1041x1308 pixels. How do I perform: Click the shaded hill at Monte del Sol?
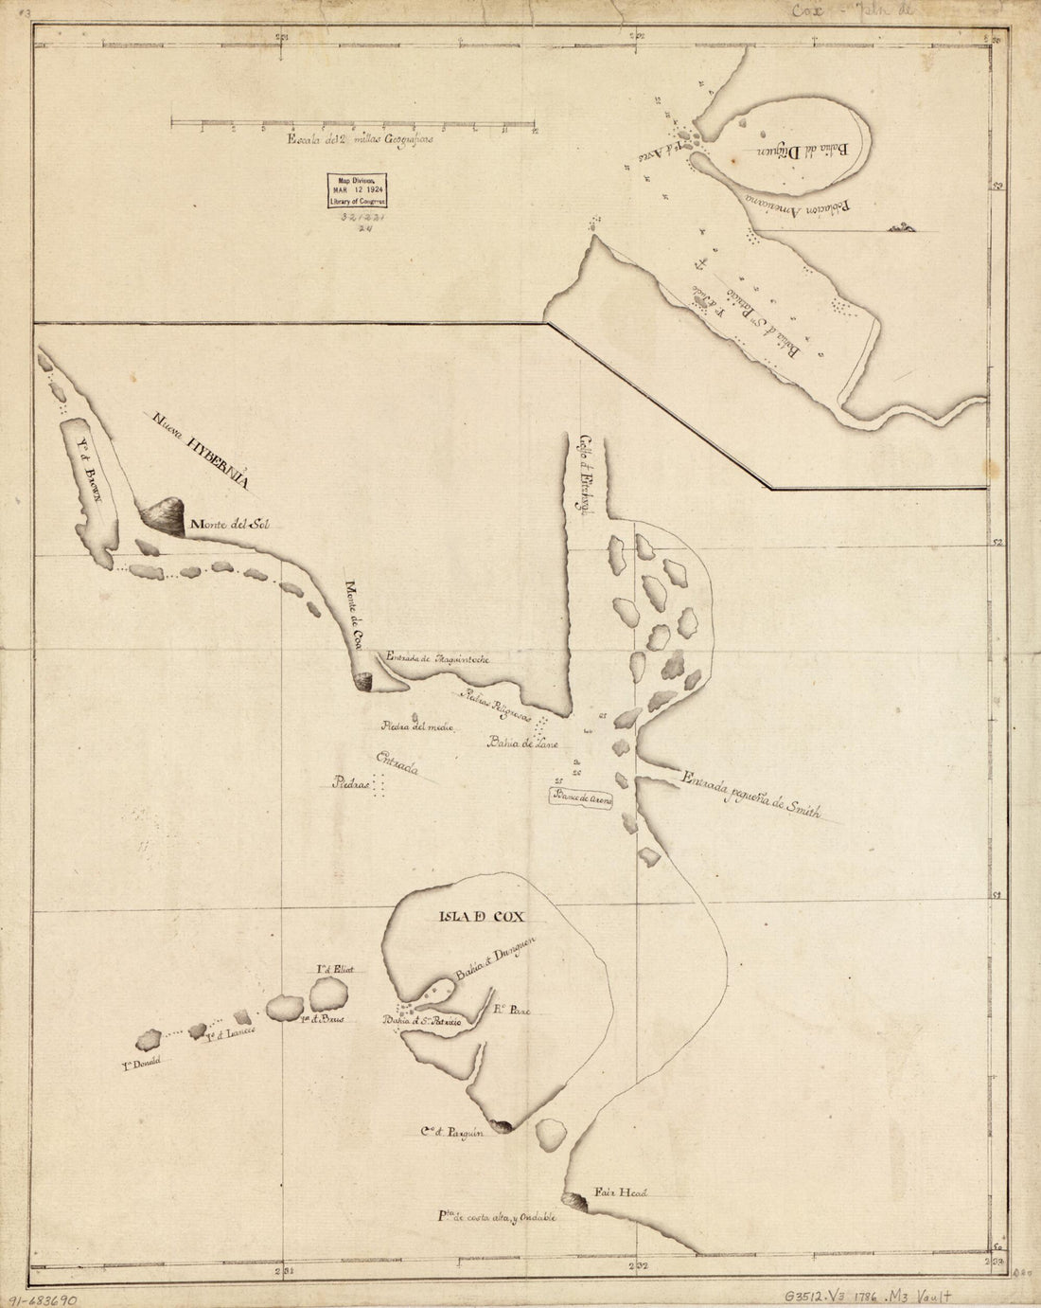click(164, 516)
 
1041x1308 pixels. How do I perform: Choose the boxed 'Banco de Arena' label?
click(583, 798)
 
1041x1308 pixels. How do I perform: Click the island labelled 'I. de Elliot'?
click(328, 994)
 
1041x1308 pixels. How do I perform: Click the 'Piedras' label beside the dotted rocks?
click(349, 783)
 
